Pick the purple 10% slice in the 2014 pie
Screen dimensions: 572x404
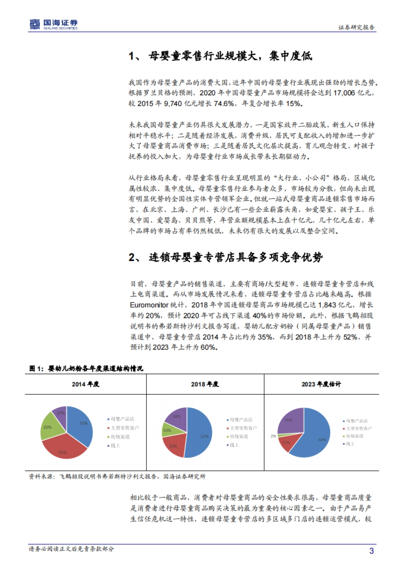(x=60, y=414)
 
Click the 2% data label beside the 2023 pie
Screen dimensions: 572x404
(x=273, y=436)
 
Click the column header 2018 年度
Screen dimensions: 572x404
(x=205, y=384)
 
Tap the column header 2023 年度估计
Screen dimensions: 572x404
(x=321, y=384)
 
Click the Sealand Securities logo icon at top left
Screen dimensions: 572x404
(x=35, y=24)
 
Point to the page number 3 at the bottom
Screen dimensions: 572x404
(x=372, y=551)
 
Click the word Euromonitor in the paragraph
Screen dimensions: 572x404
(x=149, y=305)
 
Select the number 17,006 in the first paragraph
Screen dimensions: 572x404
(x=344, y=93)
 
